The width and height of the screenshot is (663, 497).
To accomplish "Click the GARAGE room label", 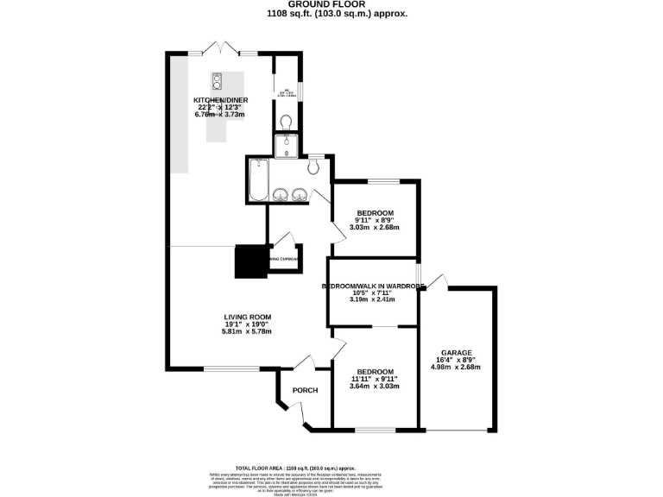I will pos(455,353).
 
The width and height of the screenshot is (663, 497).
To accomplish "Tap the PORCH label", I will pos(305,391).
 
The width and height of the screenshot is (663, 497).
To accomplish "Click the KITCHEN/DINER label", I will pos(221,101).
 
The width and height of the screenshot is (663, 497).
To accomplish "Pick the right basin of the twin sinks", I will pos(300,194).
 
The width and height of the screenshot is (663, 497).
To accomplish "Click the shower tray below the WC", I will pos(286,147).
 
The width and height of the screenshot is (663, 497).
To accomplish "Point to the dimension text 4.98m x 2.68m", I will pos(455,367).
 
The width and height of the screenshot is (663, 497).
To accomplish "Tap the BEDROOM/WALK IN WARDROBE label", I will pos(373,286).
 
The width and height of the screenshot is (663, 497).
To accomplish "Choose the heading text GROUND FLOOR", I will pos(331,5).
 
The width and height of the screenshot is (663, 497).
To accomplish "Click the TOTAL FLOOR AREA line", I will pos(331,466).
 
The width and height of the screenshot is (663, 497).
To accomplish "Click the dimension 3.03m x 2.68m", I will pos(375,228).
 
